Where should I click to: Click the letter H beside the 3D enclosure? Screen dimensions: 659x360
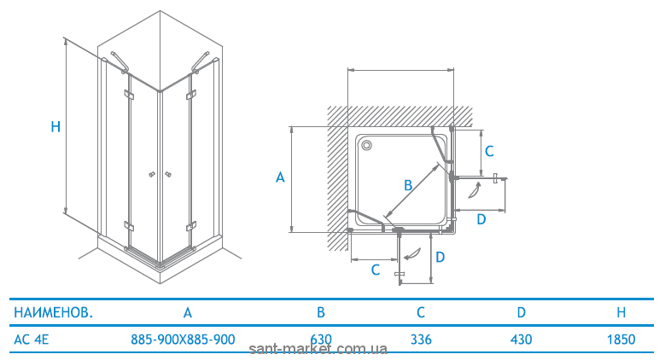(x=55, y=126)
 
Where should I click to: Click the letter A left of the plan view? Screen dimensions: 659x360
(x=280, y=177)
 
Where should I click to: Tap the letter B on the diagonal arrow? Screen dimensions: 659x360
(x=408, y=185)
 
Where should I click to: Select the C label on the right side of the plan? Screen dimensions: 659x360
(x=489, y=151)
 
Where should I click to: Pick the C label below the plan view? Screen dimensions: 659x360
(x=376, y=270)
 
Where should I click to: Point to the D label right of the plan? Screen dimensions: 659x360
(x=481, y=219)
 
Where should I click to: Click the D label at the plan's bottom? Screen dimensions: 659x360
(x=440, y=257)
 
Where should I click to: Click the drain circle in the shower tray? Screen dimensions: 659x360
(x=366, y=145)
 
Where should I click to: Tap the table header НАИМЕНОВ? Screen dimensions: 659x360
(x=54, y=312)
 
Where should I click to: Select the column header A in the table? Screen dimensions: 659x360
(x=188, y=312)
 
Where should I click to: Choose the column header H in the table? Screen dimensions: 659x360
(x=621, y=312)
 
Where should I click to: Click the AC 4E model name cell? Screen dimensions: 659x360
(x=31, y=339)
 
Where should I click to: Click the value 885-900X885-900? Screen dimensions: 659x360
(x=183, y=339)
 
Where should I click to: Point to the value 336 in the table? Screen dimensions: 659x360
(x=421, y=339)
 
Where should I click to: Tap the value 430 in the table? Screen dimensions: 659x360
(x=522, y=339)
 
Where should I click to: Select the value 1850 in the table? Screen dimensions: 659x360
(x=621, y=339)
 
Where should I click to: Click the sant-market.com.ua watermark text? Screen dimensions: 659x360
(x=318, y=349)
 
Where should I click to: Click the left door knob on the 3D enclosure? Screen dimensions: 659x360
(x=152, y=174)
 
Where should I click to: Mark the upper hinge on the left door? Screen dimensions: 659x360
(x=128, y=95)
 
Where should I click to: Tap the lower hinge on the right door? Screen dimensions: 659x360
(x=191, y=227)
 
